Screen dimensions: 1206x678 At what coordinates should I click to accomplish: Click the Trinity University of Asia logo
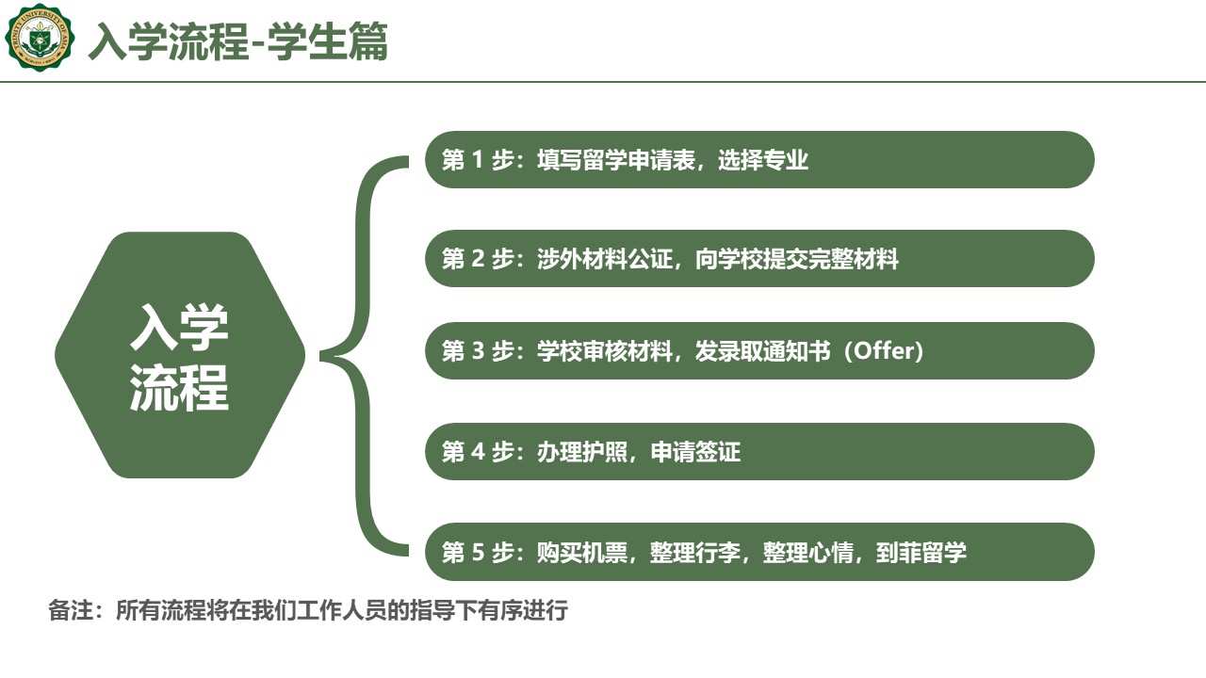[40, 37]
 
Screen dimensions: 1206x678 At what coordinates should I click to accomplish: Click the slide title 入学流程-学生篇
[238, 40]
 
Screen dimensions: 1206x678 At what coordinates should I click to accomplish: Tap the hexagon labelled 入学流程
[180, 355]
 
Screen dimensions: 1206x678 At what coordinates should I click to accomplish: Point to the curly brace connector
[365, 356]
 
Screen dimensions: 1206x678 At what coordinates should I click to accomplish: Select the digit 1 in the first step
[477, 160]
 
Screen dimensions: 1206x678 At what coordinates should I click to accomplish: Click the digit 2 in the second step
[478, 259]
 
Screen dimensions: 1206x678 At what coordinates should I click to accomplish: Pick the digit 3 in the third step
[478, 351]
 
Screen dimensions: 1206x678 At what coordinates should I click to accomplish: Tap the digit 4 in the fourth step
[478, 451]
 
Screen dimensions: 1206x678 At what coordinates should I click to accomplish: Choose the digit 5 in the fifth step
[478, 552]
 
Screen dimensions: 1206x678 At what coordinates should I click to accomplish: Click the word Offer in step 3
[884, 351]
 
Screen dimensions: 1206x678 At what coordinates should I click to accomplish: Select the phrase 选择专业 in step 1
[763, 160]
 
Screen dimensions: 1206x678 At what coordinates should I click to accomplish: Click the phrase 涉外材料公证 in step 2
[605, 259]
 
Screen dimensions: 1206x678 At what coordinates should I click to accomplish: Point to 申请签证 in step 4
[695, 451]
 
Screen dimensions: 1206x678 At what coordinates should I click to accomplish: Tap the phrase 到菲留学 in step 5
[921, 552]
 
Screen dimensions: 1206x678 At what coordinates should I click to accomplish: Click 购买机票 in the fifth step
[582, 552]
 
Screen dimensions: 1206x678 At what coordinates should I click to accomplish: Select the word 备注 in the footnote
[71, 610]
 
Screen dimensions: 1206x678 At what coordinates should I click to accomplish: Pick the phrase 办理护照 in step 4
[582, 451]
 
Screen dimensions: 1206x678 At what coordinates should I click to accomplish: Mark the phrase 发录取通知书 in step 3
[762, 351]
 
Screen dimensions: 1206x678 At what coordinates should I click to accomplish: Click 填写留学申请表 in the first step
[616, 160]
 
